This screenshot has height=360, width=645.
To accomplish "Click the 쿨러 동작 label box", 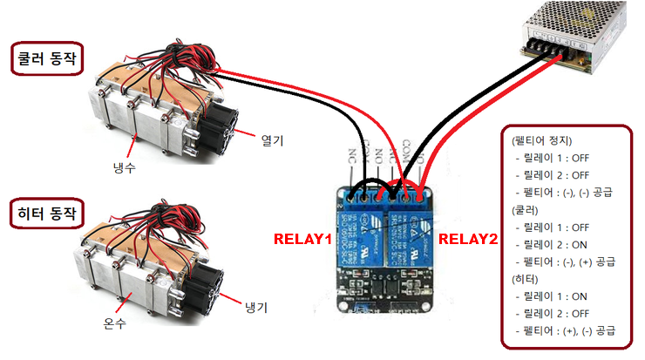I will click(x=46, y=58).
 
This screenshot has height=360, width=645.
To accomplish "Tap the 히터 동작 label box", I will click(x=46, y=212).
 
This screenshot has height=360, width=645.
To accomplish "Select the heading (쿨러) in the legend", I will click(x=524, y=210).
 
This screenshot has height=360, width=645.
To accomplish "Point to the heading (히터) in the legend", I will click(x=524, y=279).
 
